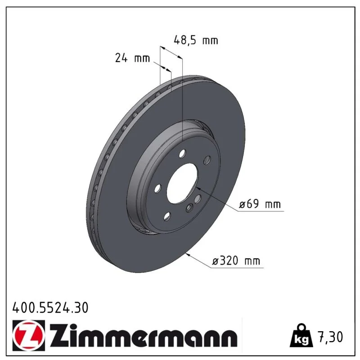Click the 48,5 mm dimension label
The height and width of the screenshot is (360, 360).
(x=196, y=40)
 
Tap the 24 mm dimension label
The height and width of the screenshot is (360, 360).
(x=132, y=58)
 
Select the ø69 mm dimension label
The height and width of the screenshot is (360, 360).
(x=260, y=204)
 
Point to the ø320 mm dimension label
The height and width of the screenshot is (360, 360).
(x=236, y=261)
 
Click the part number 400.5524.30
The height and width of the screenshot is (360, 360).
(x=50, y=307)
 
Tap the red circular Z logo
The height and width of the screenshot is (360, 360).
(x=29, y=335)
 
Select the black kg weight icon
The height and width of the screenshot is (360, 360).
(x=301, y=336)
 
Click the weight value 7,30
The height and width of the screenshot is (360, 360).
(x=330, y=337)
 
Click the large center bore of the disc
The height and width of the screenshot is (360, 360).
(x=182, y=183)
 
